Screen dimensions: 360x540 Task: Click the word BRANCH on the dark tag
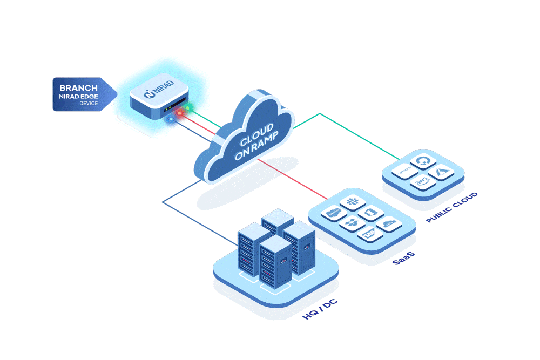coord(78,87)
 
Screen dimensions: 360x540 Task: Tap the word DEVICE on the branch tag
coord(89,103)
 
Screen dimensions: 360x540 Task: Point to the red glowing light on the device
coord(180,113)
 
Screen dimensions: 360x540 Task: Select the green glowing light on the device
coord(187,108)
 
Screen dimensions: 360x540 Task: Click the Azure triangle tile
coord(442,172)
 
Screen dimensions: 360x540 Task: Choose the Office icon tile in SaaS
coord(370,213)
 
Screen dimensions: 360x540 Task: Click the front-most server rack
coord(275,263)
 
